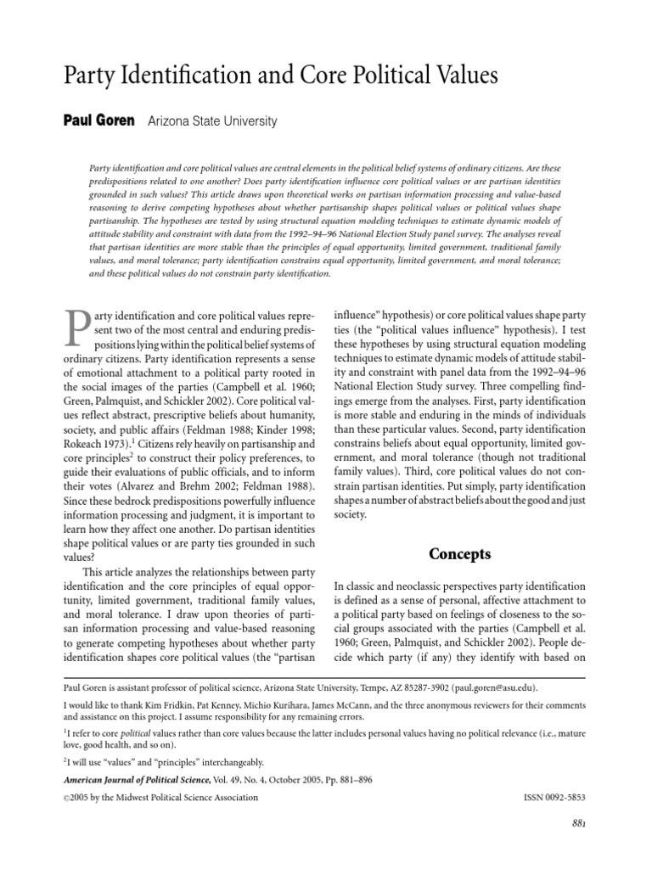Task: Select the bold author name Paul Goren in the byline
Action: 99,121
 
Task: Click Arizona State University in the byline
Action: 212,121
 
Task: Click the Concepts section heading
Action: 459,555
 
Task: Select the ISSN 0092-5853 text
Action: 551,797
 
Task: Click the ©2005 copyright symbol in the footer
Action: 68,798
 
